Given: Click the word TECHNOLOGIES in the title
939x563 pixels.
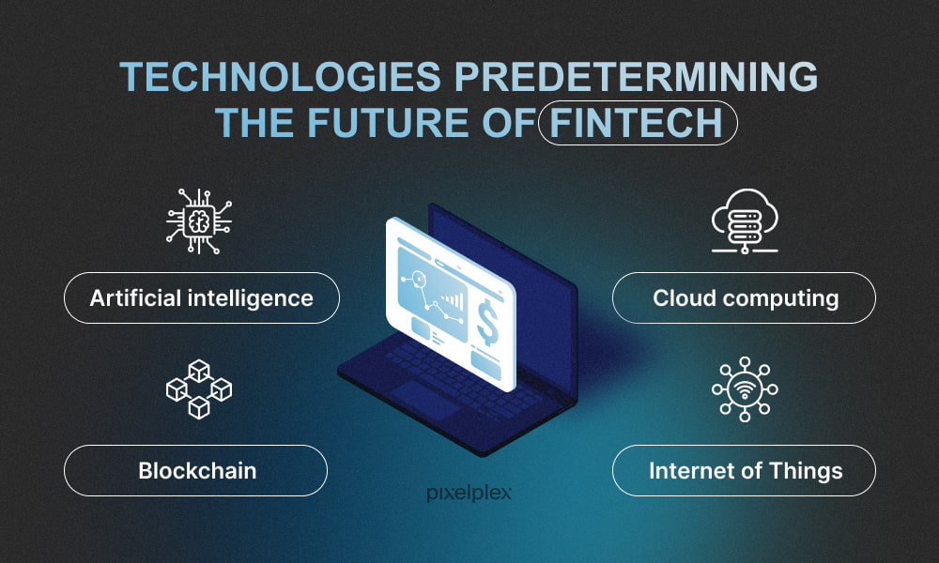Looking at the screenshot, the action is coord(280,77).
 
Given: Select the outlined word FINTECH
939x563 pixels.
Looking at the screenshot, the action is coord(638,123).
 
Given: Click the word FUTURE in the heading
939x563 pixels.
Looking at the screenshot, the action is coord(388,123).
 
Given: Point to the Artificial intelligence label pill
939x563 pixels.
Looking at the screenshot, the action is coord(202,298).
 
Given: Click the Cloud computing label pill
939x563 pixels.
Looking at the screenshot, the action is coord(744,298).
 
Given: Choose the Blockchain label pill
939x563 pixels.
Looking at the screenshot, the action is coord(196,470).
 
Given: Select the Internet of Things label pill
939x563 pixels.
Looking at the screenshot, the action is coord(744,470).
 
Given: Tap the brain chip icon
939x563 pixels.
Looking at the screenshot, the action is coord(199,221).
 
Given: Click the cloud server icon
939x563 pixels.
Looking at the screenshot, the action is coord(745,221).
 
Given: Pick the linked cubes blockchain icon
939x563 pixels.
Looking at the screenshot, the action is coord(199,389).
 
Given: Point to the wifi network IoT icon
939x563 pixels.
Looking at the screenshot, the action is coord(745,389).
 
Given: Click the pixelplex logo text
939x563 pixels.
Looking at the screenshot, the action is coord(469,493).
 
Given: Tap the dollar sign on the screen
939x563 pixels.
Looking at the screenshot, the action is coord(487,323).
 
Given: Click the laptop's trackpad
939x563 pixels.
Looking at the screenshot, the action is coord(426,398).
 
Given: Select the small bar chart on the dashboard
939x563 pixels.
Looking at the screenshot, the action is coord(454,299).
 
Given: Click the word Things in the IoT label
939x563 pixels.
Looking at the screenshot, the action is coord(806,471).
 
